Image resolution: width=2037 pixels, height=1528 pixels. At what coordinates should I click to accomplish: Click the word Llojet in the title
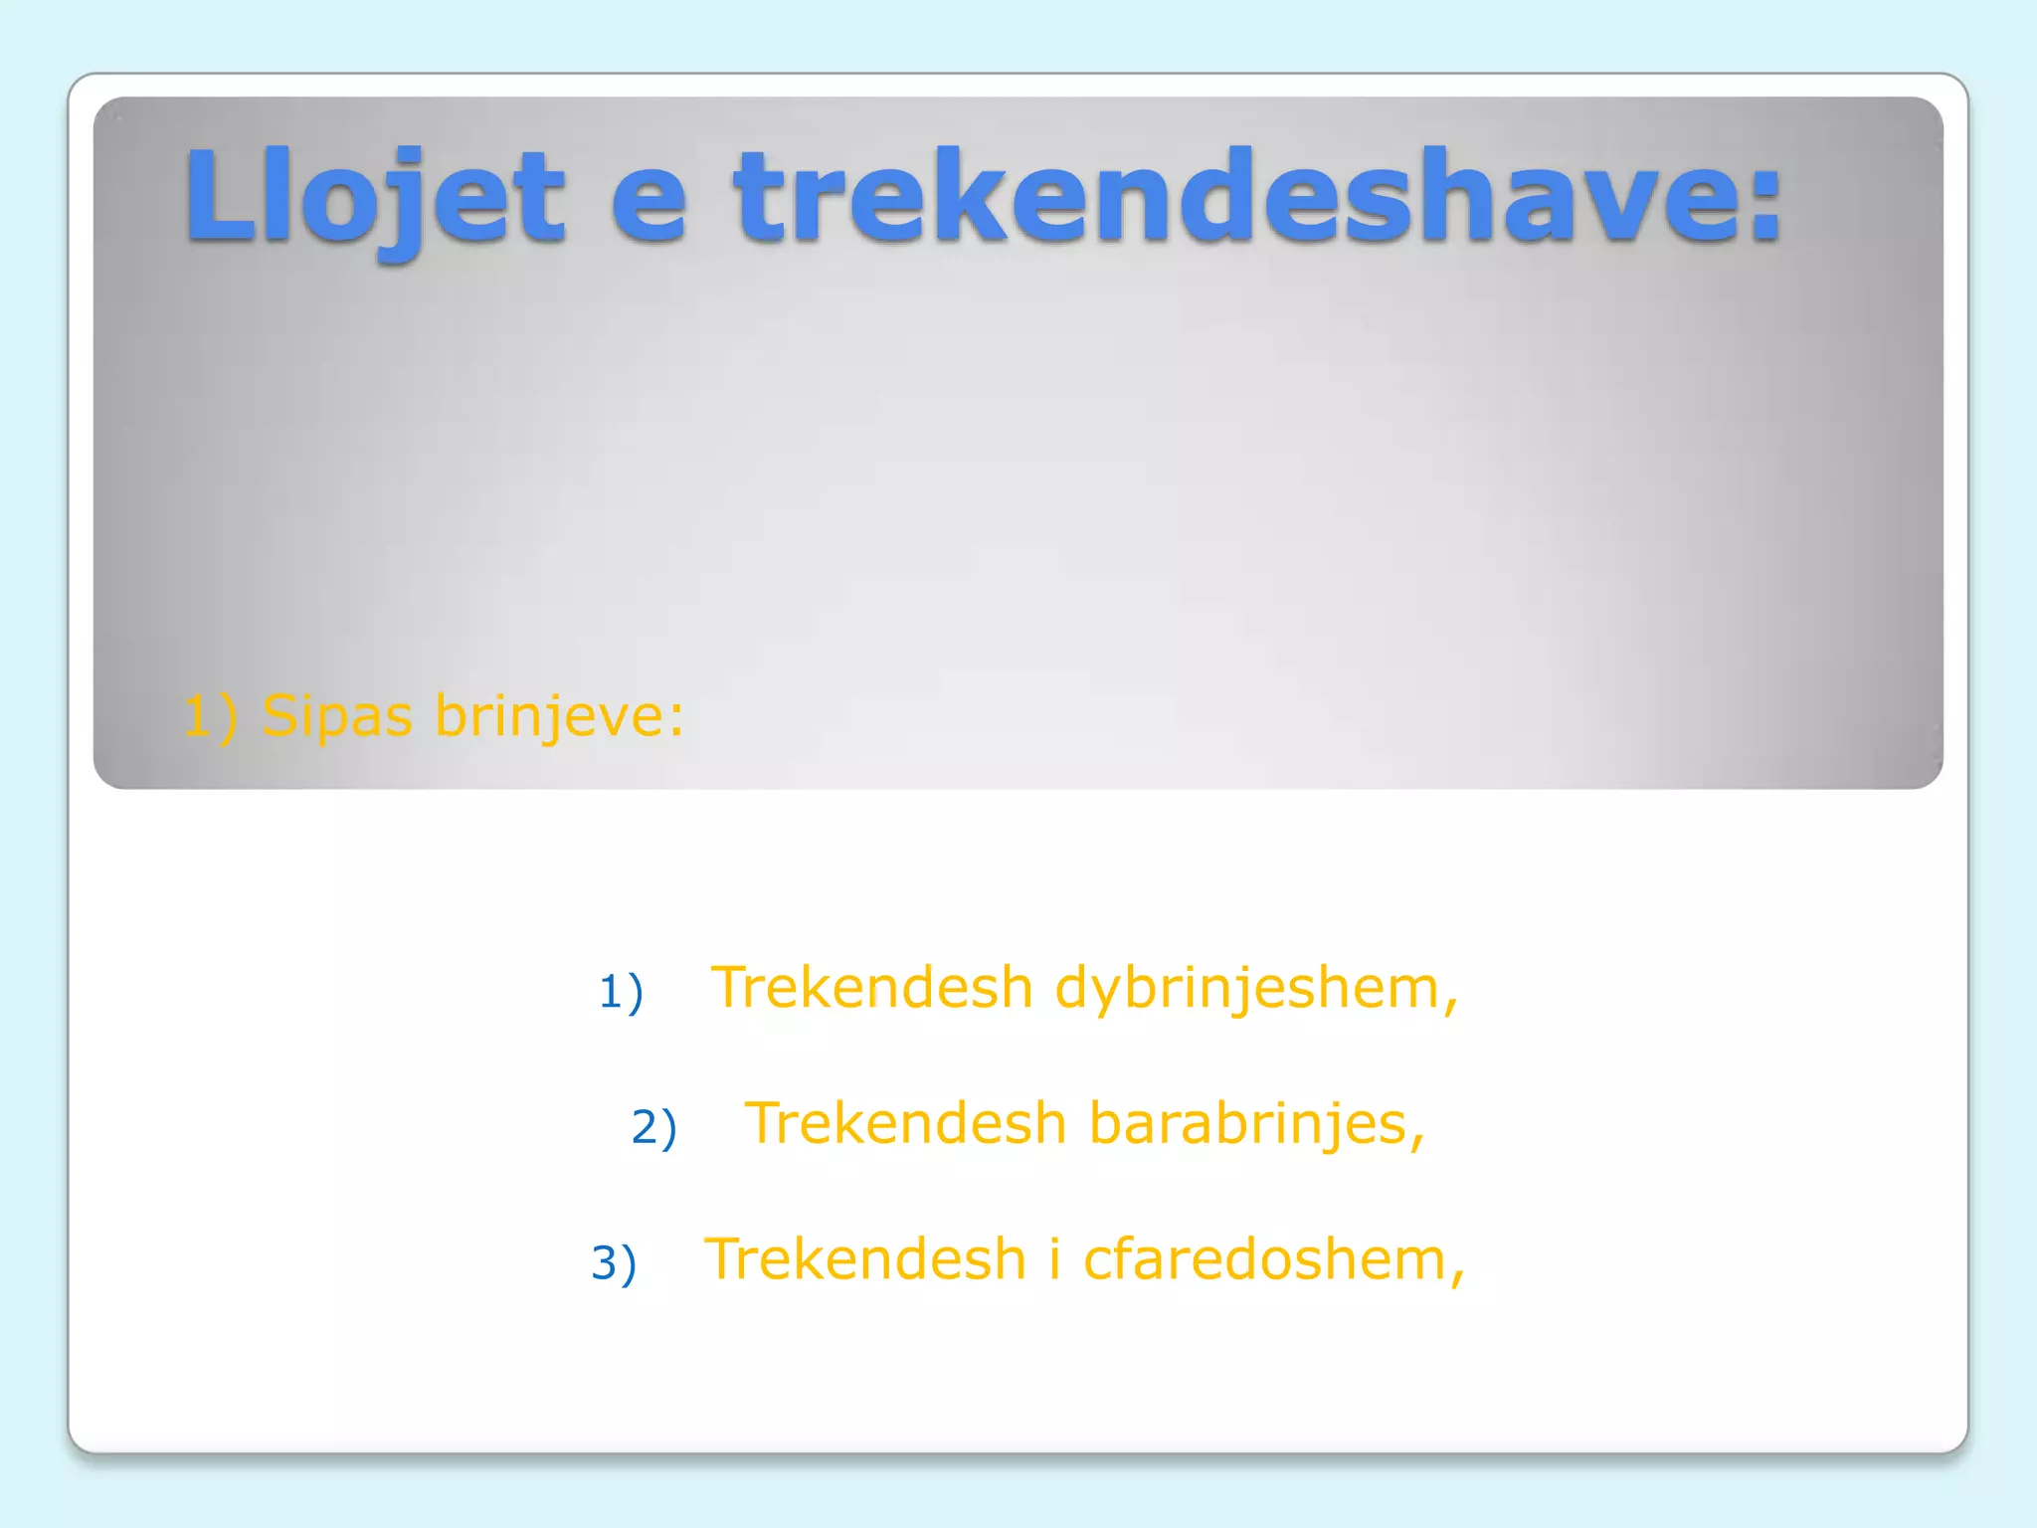click(x=374, y=197)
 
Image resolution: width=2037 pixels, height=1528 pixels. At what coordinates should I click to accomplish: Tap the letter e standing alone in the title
click(x=648, y=203)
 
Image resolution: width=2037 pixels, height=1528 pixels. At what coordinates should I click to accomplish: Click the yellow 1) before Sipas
click(x=210, y=716)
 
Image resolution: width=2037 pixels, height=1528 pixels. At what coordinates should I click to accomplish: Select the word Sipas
click(x=336, y=716)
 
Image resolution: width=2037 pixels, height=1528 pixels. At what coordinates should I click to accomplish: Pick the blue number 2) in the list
click(x=653, y=1127)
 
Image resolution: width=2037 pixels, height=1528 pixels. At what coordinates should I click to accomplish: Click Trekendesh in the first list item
click(x=871, y=988)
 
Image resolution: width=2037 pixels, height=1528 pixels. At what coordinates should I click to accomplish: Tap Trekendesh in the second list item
click(x=905, y=1123)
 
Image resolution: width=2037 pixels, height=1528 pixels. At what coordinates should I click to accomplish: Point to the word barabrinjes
click(x=1247, y=1124)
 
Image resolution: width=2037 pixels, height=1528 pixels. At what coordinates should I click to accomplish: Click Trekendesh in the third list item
click(x=864, y=1259)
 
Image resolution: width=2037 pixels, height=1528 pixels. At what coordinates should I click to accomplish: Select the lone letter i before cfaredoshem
click(x=1054, y=1259)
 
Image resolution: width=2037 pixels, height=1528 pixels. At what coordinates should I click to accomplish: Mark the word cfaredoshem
click(x=1263, y=1259)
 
